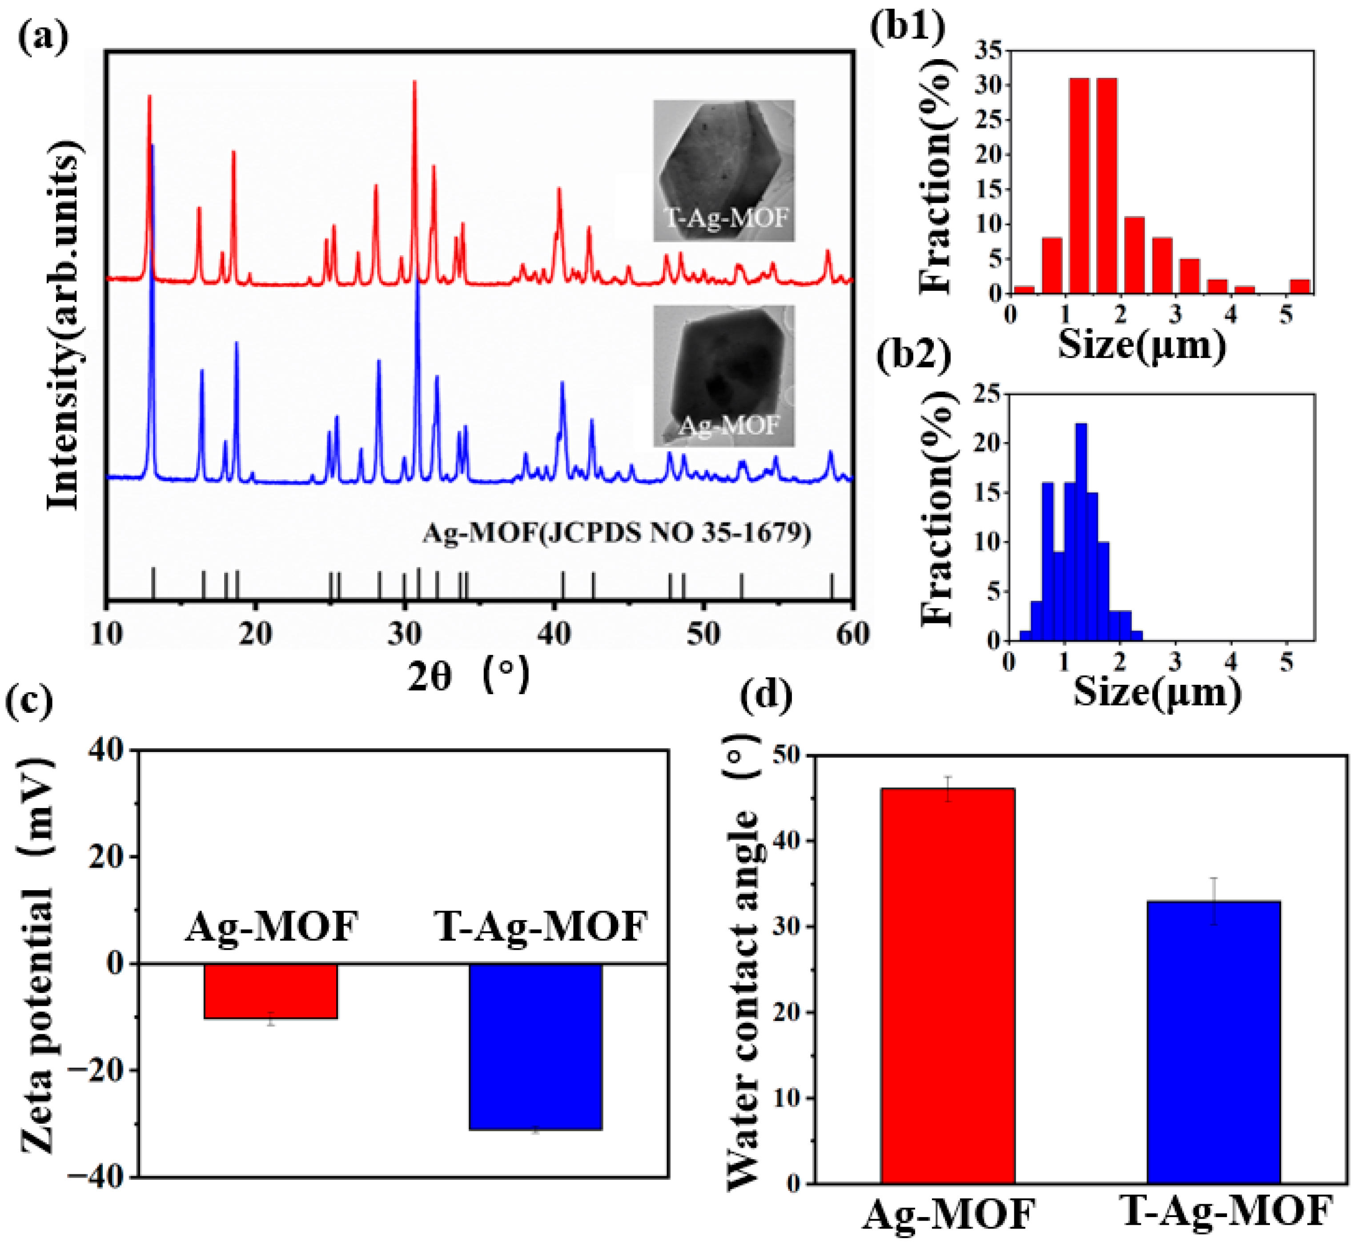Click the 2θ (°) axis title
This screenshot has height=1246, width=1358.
(x=469, y=675)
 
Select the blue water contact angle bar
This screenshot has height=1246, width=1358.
(x=1213, y=1042)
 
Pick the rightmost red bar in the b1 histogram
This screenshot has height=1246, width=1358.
(x=1300, y=286)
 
